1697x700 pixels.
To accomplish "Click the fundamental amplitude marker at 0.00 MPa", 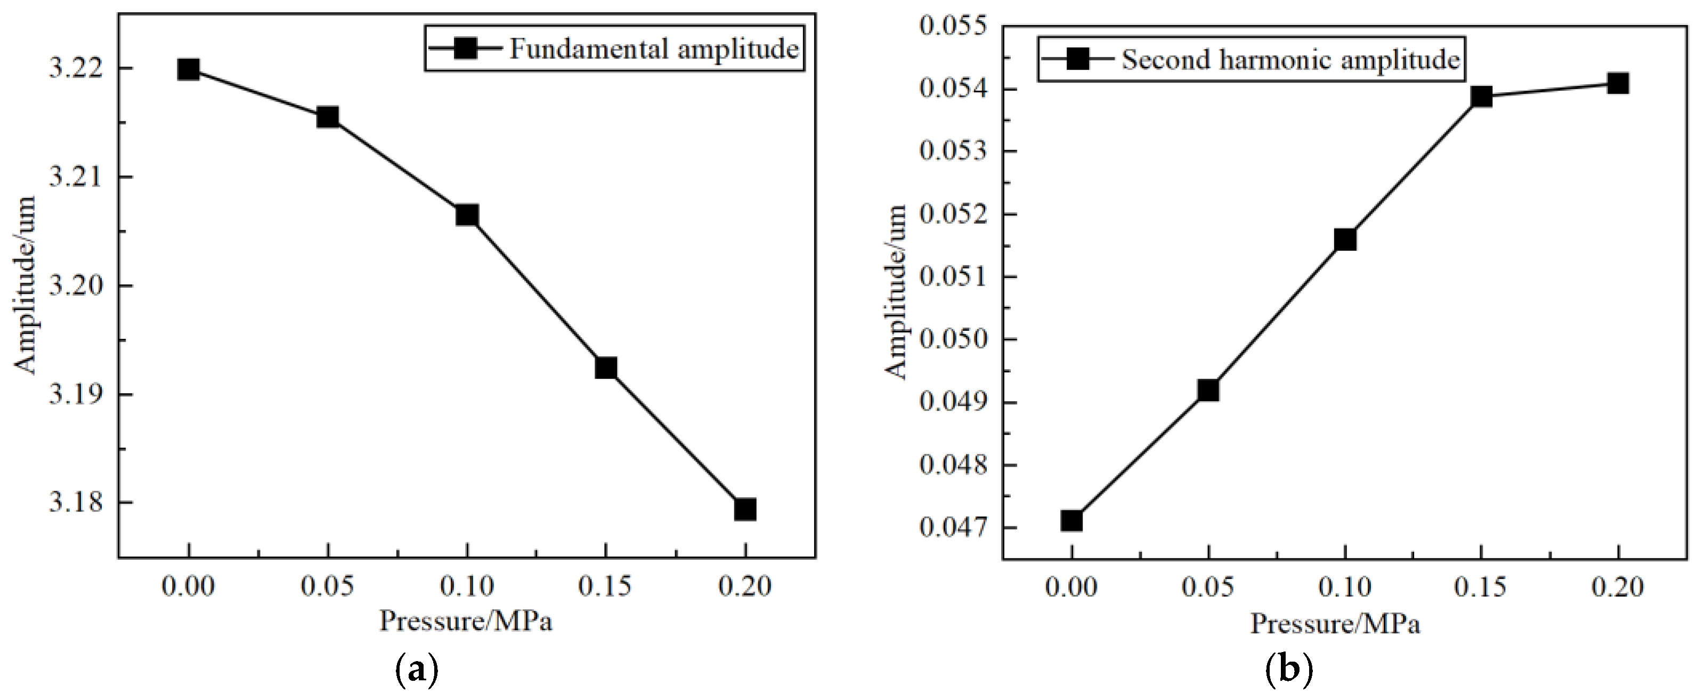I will tap(189, 69).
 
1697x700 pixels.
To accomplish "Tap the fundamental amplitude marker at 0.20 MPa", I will tap(744, 509).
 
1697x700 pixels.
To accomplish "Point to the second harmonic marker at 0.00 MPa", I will tap(1071, 521).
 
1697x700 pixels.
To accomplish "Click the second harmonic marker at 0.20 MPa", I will tap(1617, 83).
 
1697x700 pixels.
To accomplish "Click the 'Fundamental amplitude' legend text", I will tap(654, 48).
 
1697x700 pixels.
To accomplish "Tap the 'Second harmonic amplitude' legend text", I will tap(1290, 60).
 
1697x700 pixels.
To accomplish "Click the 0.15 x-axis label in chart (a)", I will tap(605, 586).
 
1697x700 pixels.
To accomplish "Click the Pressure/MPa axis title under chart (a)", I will tap(465, 621).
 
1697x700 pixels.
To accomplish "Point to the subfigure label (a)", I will tap(415, 671).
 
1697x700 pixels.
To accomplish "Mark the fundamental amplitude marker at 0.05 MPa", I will tap(327, 117).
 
